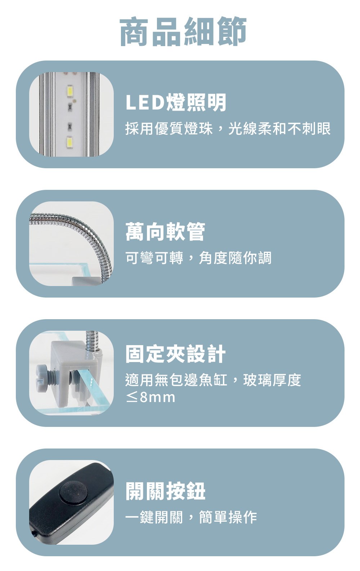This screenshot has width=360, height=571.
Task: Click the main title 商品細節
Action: pyautogui.click(x=183, y=31)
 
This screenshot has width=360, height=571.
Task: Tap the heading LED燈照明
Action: pyautogui.click(x=176, y=102)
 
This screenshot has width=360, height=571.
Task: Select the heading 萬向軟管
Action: pyautogui.click(x=165, y=232)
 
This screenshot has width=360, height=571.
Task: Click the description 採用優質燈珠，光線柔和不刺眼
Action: pyautogui.click(x=228, y=129)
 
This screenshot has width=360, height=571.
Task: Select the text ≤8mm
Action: pyautogui.click(x=150, y=397)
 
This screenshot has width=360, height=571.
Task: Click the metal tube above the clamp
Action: pyautogui.click(x=91, y=341)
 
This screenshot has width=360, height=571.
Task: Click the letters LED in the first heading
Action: pyautogui.click(x=145, y=103)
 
